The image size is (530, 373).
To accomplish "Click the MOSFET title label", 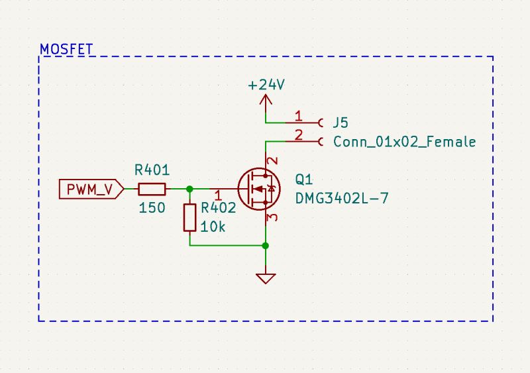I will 67,49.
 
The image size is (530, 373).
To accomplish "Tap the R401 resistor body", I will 152,189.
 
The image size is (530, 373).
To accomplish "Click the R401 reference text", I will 152,170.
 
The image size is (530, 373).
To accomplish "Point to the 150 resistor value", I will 152,208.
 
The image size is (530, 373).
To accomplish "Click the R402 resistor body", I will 189,217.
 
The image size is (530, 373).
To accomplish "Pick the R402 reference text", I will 219,207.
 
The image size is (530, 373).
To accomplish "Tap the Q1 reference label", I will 304,180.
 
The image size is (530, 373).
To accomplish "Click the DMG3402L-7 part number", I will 341,198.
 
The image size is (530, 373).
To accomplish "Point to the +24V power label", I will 266,85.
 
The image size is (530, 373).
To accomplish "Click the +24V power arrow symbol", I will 266,101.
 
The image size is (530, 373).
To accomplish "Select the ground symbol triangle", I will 266,278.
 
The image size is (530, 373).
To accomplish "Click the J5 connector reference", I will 341,123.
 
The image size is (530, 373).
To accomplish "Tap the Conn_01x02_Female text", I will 404,142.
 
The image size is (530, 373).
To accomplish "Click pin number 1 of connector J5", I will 298,117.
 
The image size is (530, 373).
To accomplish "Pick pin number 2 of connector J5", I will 298,136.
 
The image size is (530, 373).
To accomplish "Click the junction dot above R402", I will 190,189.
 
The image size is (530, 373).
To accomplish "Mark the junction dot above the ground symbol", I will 266,246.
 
